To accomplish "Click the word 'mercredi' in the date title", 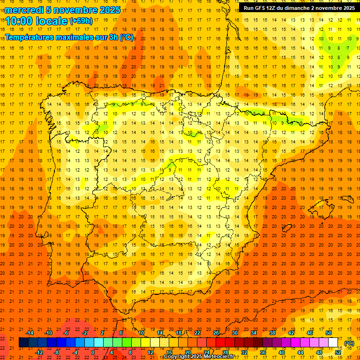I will [24, 10].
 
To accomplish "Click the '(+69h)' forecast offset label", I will [81, 21].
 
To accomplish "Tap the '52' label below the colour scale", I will [338, 352].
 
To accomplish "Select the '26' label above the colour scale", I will [216, 333].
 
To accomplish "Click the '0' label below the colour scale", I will [93, 352].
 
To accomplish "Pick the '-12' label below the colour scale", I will [39, 352].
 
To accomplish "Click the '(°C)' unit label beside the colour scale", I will [349, 343].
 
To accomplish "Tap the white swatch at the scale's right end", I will [333, 343].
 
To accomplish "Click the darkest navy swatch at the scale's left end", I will [23, 343].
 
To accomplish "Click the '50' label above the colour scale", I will [329, 333].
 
